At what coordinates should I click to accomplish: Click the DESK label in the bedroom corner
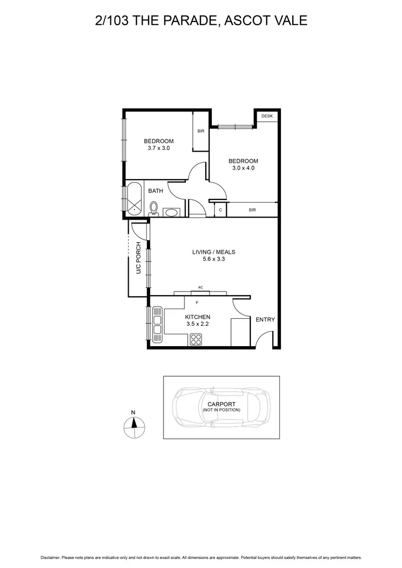click(x=266, y=116)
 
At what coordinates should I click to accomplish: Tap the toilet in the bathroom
click(x=154, y=208)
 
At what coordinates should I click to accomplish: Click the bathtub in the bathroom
click(x=135, y=200)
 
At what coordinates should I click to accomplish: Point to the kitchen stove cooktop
click(x=196, y=339)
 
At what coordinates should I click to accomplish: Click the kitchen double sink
click(x=158, y=324)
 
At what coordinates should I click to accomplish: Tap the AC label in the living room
click(x=200, y=288)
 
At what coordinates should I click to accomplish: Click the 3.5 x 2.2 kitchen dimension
click(x=197, y=325)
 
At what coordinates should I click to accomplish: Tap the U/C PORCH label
click(x=138, y=259)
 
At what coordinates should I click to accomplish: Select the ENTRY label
click(x=265, y=320)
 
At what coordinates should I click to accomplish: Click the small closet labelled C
click(x=220, y=210)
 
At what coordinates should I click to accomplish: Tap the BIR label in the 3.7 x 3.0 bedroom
click(x=200, y=131)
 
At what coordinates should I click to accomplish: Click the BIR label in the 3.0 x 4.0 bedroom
click(x=252, y=210)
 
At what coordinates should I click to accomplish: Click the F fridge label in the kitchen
click(x=197, y=303)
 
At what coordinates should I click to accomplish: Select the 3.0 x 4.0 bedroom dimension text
click(x=243, y=168)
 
